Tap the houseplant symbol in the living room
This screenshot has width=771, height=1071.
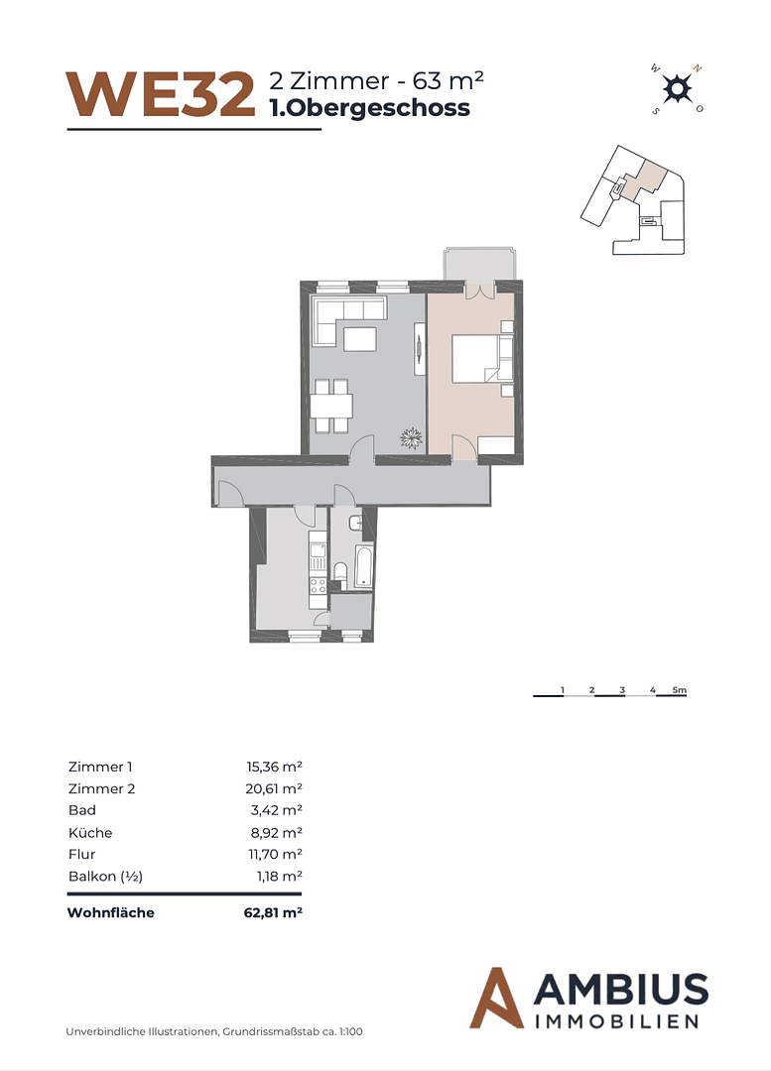pyautogui.click(x=410, y=436)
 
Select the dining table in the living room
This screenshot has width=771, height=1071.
pyautogui.click(x=330, y=407)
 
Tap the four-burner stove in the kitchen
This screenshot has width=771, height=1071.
pyautogui.click(x=319, y=585)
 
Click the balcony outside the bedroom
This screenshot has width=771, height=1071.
pyautogui.click(x=479, y=265)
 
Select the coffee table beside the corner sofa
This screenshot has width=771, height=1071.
pyautogui.click(x=360, y=339)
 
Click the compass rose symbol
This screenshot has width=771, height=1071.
pyautogui.click(x=676, y=89)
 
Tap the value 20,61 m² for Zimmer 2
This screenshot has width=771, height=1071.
pyautogui.click(x=273, y=788)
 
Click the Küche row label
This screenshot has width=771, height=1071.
pyautogui.click(x=89, y=832)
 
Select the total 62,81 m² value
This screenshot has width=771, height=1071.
pyautogui.click(x=272, y=913)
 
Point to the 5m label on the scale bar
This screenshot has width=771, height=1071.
pyautogui.click(x=679, y=689)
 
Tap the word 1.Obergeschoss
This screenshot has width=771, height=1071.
pyautogui.click(x=369, y=108)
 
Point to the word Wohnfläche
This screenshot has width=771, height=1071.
pyautogui.click(x=110, y=913)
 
